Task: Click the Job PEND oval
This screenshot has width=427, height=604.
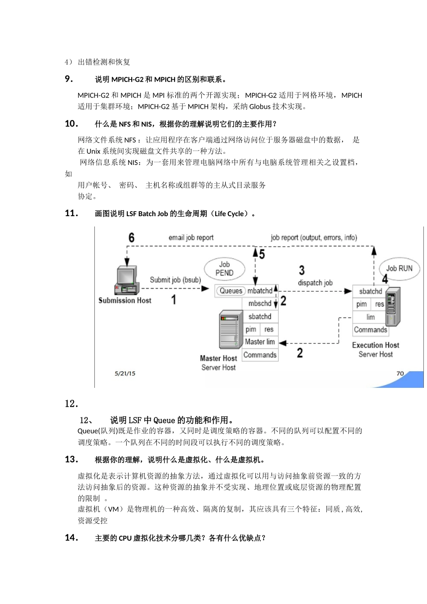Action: pyautogui.click(x=224, y=269)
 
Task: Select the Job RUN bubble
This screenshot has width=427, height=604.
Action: pyautogui.click(x=399, y=268)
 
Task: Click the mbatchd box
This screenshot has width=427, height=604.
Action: pyautogui.click(x=260, y=291)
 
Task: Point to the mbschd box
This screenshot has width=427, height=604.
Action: pyautogui.click(x=260, y=304)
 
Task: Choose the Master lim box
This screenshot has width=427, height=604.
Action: pyautogui.click(x=260, y=342)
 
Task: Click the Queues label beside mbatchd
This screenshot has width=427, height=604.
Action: pyautogui.click(x=231, y=291)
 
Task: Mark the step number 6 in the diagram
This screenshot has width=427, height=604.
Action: pyautogui.click(x=131, y=238)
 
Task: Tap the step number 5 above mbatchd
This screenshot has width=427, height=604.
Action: pyautogui.click(x=262, y=254)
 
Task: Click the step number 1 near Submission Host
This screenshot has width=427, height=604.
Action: pyautogui.click(x=173, y=300)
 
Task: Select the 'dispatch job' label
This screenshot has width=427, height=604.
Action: pyautogui.click(x=315, y=283)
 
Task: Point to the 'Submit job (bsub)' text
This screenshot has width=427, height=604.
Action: pyautogui.click(x=175, y=280)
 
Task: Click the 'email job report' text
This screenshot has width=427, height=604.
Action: pyautogui.click(x=191, y=238)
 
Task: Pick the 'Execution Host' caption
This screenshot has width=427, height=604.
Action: pyautogui.click(x=375, y=345)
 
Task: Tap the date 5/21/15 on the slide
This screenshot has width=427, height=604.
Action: pyautogui.click(x=125, y=373)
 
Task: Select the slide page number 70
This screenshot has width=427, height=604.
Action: pyautogui.click(x=400, y=373)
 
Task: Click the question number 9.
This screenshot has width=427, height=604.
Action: pyautogui.click(x=69, y=79)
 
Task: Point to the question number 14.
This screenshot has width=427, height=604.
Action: pyautogui.click(x=71, y=537)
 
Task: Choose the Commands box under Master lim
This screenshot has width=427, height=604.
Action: pyautogui.click(x=260, y=355)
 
